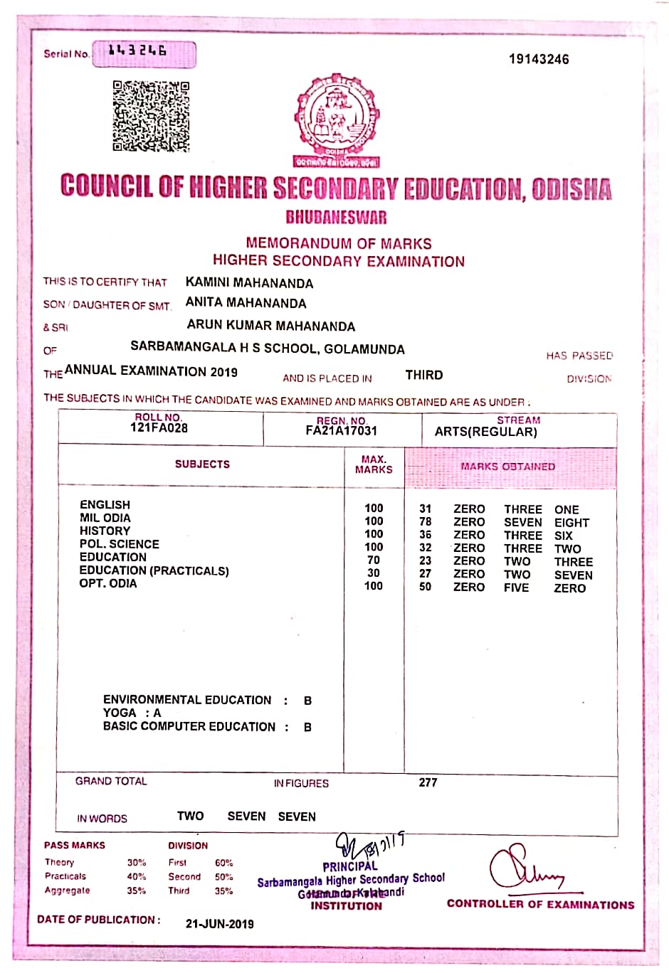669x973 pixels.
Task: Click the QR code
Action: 151,116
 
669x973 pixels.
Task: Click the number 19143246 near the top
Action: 539,59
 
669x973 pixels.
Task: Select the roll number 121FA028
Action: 159,428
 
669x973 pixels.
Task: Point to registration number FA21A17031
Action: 341,431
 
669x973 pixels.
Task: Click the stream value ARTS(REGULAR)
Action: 485,432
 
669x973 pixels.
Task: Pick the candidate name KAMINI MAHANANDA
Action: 249,283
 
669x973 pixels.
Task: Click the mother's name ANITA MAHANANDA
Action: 246,303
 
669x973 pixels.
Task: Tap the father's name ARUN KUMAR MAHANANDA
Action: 270,326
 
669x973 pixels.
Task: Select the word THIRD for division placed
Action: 424,375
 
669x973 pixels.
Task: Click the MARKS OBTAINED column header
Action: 507,467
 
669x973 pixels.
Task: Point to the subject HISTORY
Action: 105,531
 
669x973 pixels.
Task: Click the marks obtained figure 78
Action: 425,522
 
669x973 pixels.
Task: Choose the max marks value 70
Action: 374,560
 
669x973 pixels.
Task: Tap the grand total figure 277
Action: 428,782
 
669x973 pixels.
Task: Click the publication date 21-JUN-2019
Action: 219,923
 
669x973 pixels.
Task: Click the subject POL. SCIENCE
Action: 119,544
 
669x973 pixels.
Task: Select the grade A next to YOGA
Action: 157,713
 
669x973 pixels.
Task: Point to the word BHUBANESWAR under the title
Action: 336,217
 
